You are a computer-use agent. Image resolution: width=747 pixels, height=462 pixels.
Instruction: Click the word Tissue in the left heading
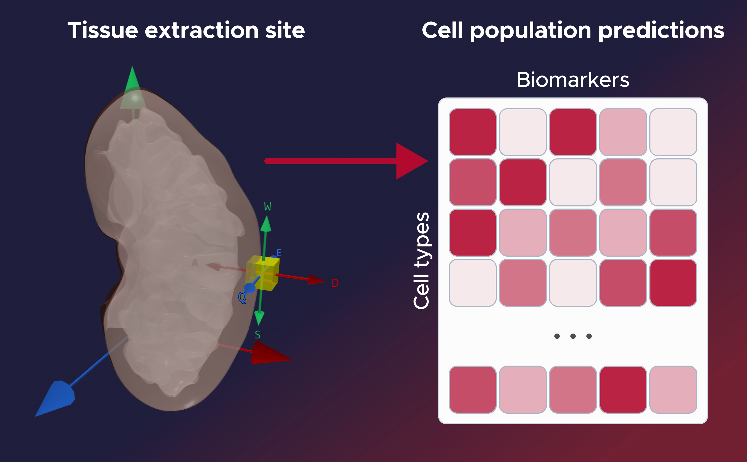click(x=102, y=30)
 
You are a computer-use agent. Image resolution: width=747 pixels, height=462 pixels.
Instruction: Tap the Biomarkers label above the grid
click(x=573, y=80)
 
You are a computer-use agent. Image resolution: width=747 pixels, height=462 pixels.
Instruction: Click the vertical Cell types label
click(x=422, y=260)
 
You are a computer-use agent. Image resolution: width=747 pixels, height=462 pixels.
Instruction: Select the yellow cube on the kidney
click(x=263, y=273)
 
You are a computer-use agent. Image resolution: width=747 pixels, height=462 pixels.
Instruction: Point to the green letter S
click(x=258, y=335)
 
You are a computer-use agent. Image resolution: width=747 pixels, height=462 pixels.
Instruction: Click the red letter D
click(x=335, y=283)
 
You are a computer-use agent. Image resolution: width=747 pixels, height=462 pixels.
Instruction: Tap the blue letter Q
click(x=242, y=297)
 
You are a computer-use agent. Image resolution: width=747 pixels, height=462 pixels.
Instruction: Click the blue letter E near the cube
click(x=279, y=253)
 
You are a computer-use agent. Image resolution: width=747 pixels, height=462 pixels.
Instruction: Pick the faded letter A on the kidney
click(x=195, y=263)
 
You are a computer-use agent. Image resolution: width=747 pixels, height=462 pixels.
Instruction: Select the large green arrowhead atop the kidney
click(x=133, y=89)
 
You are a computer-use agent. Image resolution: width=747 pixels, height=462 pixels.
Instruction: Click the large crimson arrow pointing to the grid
click(x=345, y=161)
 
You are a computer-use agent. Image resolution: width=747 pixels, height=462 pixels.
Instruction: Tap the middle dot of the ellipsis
click(x=573, y=336)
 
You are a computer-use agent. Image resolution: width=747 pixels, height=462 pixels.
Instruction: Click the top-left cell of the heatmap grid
click(x=472, y=132)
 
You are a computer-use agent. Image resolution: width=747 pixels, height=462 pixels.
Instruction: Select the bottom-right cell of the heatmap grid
click(x=673, y=389)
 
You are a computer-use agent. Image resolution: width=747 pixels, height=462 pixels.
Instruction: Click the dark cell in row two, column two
click(x=523, y=182)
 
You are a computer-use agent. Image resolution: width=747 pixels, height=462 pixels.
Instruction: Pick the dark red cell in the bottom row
click(x=623, y=389)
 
